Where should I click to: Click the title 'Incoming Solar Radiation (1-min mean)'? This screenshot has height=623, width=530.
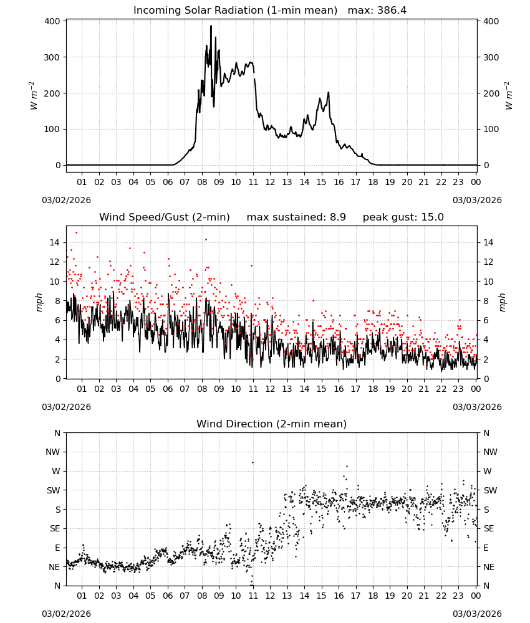[235, 11]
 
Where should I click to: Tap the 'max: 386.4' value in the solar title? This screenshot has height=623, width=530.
[377, 11]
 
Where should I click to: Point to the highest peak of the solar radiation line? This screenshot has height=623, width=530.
[211, 26]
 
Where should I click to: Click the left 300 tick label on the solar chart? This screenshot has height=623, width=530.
[52, 57]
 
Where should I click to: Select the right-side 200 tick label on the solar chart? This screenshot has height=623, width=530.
[491, 93]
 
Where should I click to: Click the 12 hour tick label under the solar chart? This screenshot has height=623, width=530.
[270, 182]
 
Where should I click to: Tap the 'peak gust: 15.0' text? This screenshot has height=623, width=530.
[403, 217]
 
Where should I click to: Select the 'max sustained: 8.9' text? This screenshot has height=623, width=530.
[296, 217]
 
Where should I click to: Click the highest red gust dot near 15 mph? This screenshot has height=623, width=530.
[76, 232]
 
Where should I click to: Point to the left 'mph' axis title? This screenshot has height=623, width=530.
[39, 302]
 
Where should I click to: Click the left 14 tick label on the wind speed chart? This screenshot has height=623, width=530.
[55, 242]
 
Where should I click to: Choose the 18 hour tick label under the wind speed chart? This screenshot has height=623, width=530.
[372, 389]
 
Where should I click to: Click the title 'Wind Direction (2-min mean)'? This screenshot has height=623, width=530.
[272, 424]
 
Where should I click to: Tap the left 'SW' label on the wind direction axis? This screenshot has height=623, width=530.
[54, 490]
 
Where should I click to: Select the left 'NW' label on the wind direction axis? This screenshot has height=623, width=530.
[53, 452]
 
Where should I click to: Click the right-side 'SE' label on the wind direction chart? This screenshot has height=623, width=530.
[489, 528]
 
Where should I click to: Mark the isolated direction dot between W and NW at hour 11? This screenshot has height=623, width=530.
[253, 462]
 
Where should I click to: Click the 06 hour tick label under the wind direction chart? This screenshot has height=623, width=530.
[167, 596]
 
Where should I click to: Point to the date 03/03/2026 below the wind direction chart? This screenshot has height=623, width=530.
[477, 614]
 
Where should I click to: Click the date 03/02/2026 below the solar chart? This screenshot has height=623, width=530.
[66, 200]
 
